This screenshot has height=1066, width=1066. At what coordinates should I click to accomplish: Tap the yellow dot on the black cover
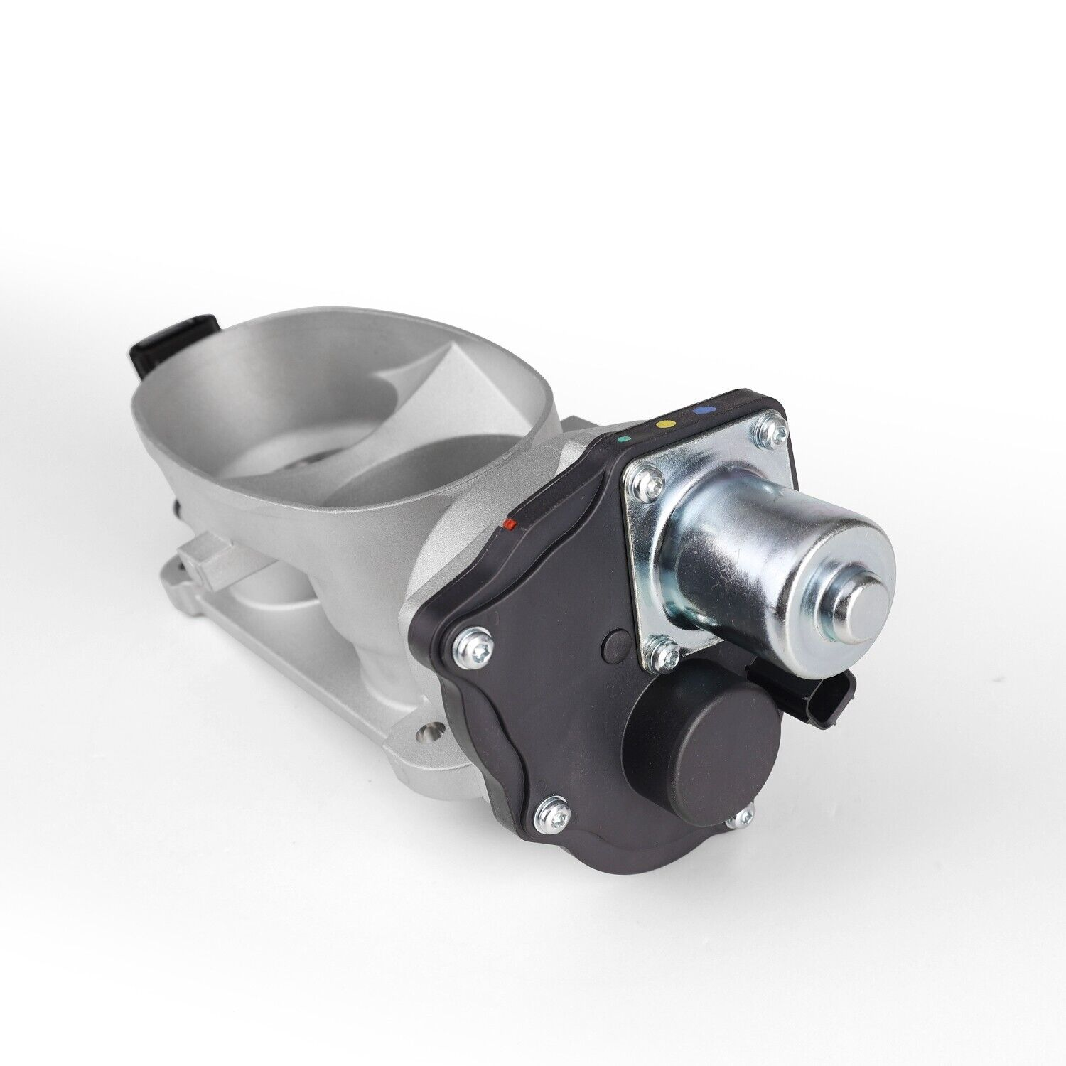pyautogui.click(x=666, y=423)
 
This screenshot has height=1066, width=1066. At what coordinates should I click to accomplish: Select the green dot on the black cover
pyautogui.click(x=624, y=438)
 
